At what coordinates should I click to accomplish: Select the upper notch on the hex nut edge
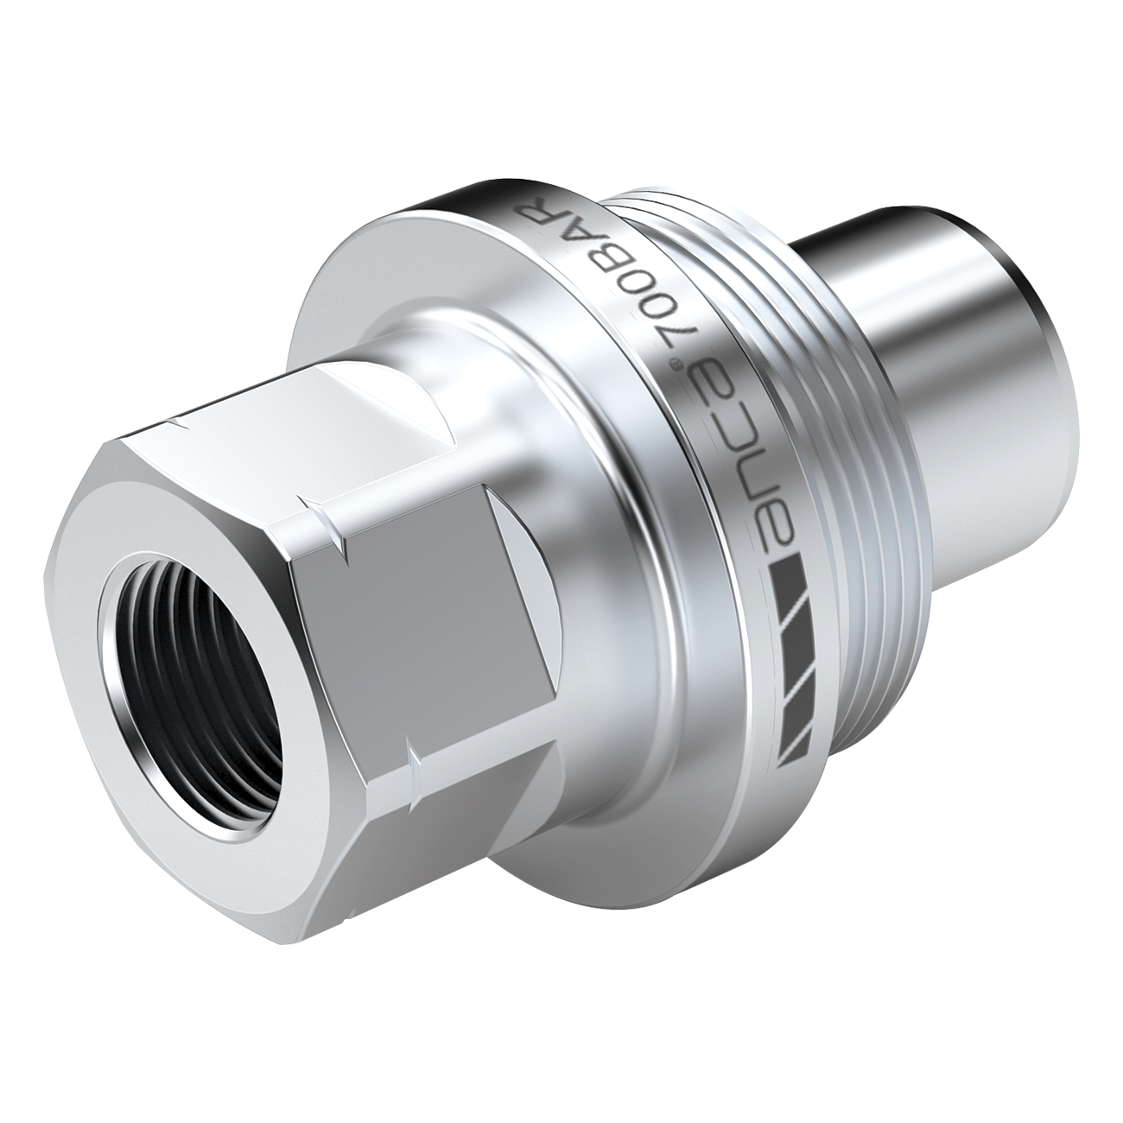point(320,518)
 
